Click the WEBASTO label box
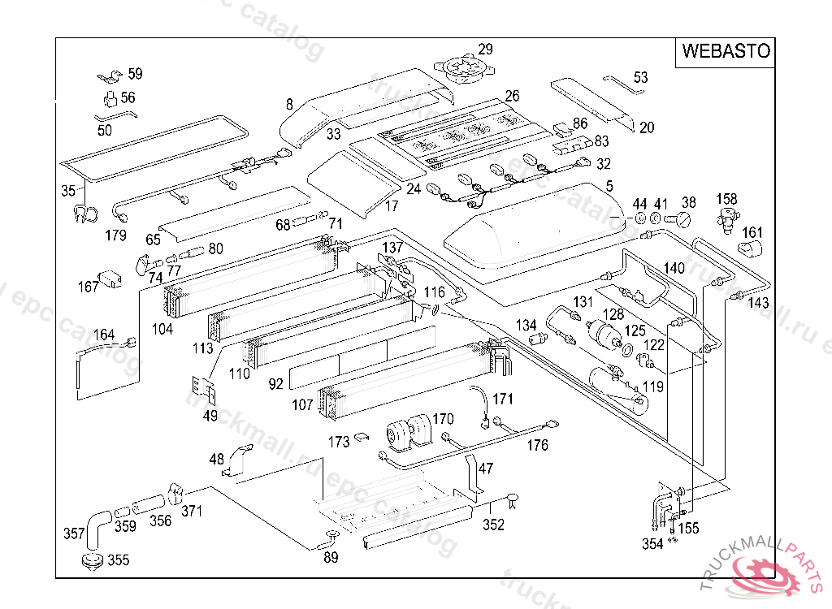tap(726, 51)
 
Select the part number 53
tap(641, 78)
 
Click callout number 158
tap(726, 199)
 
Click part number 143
tap(758, 303)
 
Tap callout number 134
tap(526, 326)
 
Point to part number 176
tap(537, 445)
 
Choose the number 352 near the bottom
tap(493, 525)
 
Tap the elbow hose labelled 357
tap(96, 525)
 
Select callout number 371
tap(192, 511)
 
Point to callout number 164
tap(104, 335)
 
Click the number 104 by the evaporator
tap(162, 329)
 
